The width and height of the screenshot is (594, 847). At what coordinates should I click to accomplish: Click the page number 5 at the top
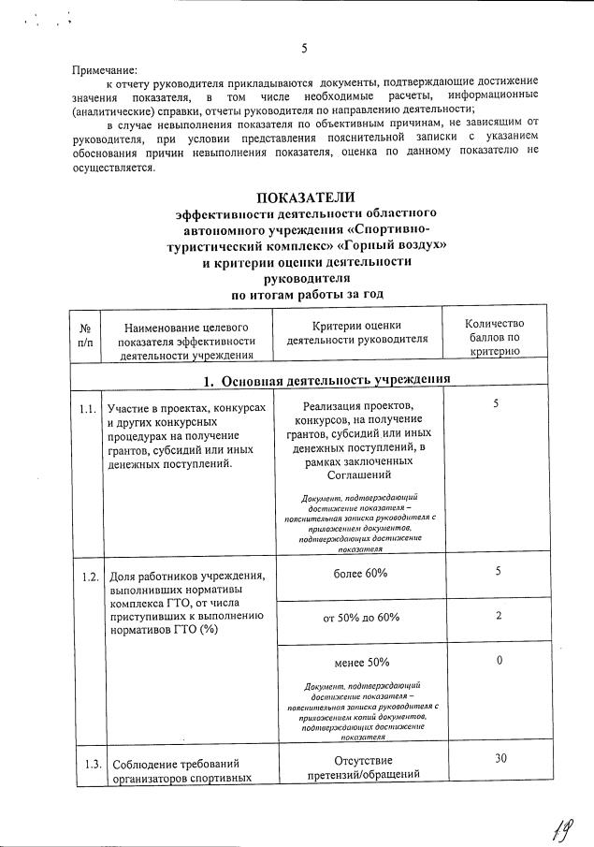[x=305, y=49]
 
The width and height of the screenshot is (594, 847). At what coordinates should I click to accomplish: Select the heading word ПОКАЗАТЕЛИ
[x=307, y=197]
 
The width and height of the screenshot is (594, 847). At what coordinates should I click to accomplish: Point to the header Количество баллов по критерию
[x=500, y=336]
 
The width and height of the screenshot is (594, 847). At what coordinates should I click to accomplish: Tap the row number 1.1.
[x=88, y=409]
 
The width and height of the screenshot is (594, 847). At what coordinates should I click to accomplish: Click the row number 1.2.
[x=88, y=576]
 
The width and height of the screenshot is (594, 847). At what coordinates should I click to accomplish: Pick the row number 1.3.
[x=88, y=763]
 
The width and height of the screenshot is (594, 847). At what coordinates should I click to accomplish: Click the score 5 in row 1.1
[x=500, y=402]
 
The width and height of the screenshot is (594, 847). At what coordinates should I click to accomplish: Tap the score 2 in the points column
[x=500, y=615]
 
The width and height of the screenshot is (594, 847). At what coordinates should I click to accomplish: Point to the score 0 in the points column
[x=500, y=661]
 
